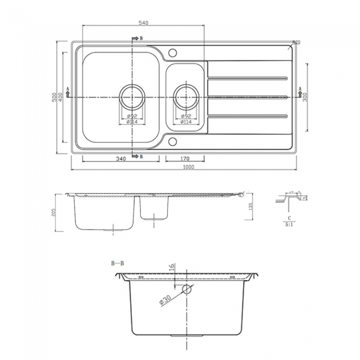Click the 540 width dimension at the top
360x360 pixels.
(x=143, y=22)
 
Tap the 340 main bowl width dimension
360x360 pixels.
(x=121, y=159)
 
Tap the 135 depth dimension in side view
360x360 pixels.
(x=251, y=207)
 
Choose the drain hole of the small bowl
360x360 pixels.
(x=186, y=97)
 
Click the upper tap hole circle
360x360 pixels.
(x=172, y=53)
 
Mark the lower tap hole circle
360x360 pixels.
(x=172, y=140)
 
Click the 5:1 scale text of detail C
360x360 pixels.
(x=289, y=225)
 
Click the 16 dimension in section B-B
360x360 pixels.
(x=172, y=267)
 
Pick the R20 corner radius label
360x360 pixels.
(x=296, y=43)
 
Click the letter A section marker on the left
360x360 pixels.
(x=68, y=89)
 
